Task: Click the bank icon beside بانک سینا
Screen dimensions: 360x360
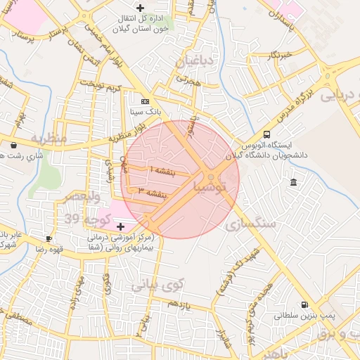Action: [146, 101]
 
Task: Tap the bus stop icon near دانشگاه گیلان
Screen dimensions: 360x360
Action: [266, 134]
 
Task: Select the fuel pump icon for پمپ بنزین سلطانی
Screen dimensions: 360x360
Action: [304, 304]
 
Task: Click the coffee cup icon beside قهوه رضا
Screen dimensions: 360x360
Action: [49, 238]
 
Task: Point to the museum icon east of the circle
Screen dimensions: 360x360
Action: [293, 183]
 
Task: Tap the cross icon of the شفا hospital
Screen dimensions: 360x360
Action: [120, 226]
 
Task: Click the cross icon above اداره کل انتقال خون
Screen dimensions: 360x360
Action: [140, 7]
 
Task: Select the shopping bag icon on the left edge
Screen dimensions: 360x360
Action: [15, 146]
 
